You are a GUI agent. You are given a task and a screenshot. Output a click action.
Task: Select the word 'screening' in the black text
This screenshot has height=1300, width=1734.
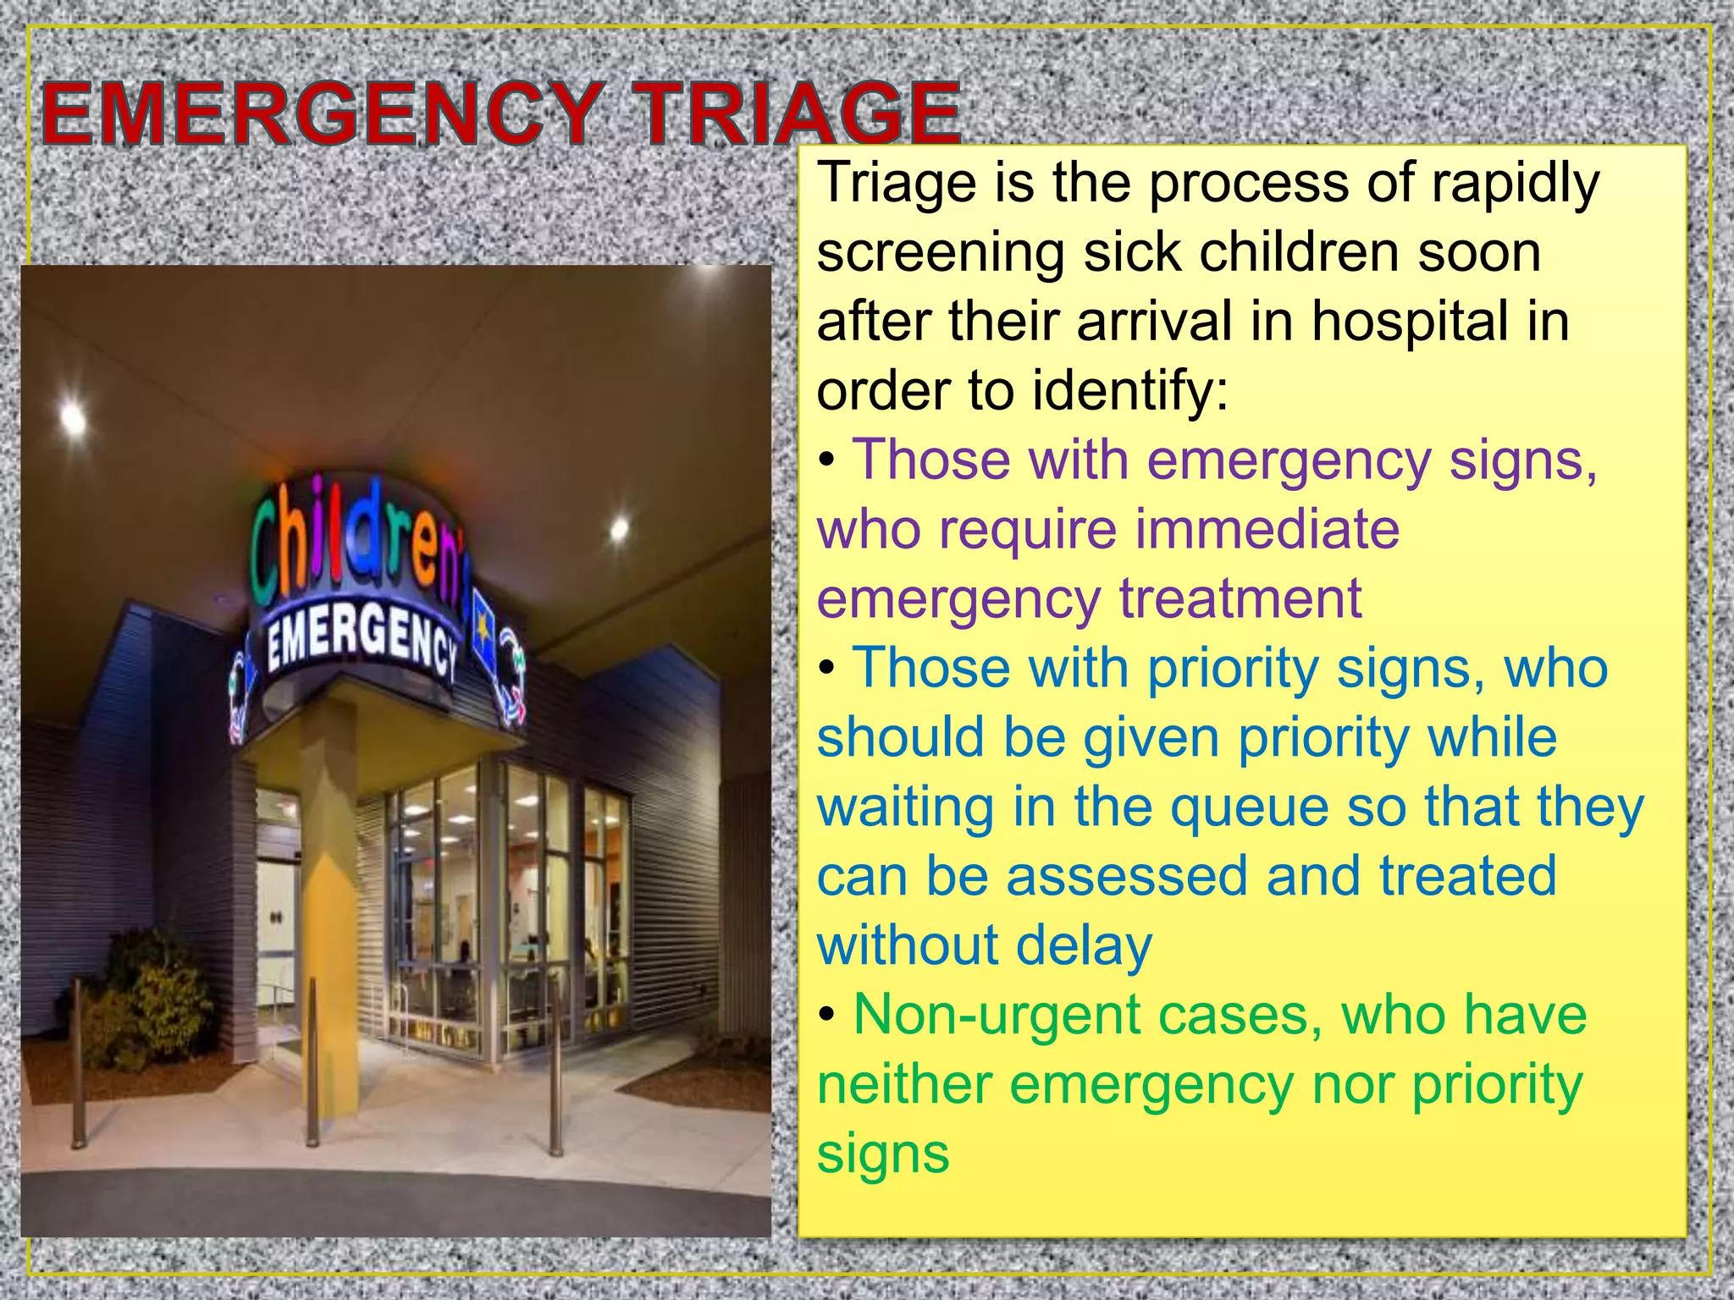(941, 253)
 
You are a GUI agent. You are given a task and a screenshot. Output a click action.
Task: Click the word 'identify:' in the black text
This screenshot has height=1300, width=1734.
(1129, 392)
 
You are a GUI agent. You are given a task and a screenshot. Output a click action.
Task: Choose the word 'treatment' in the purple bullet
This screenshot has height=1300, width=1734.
(1241, 599)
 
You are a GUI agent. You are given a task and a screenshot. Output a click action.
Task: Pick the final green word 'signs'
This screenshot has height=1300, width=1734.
(883, 1154)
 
